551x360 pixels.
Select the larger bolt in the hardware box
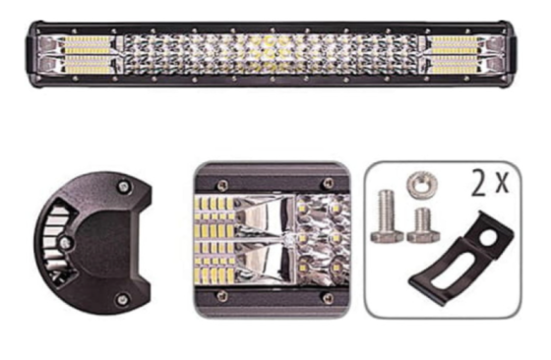coord(388,216)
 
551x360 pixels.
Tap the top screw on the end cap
coord(122,186)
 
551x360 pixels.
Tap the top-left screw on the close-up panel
coord(222,183)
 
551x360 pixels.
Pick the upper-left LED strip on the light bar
coord(92,44)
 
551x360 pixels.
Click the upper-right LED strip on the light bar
coord(453,44)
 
